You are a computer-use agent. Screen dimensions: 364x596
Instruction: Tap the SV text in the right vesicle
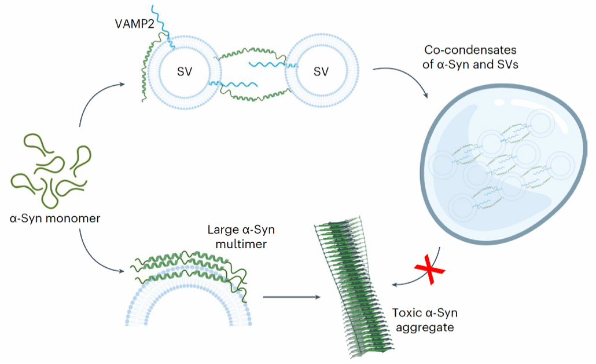(321, 71)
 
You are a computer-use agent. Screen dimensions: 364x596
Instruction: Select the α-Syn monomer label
(55, 219)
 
